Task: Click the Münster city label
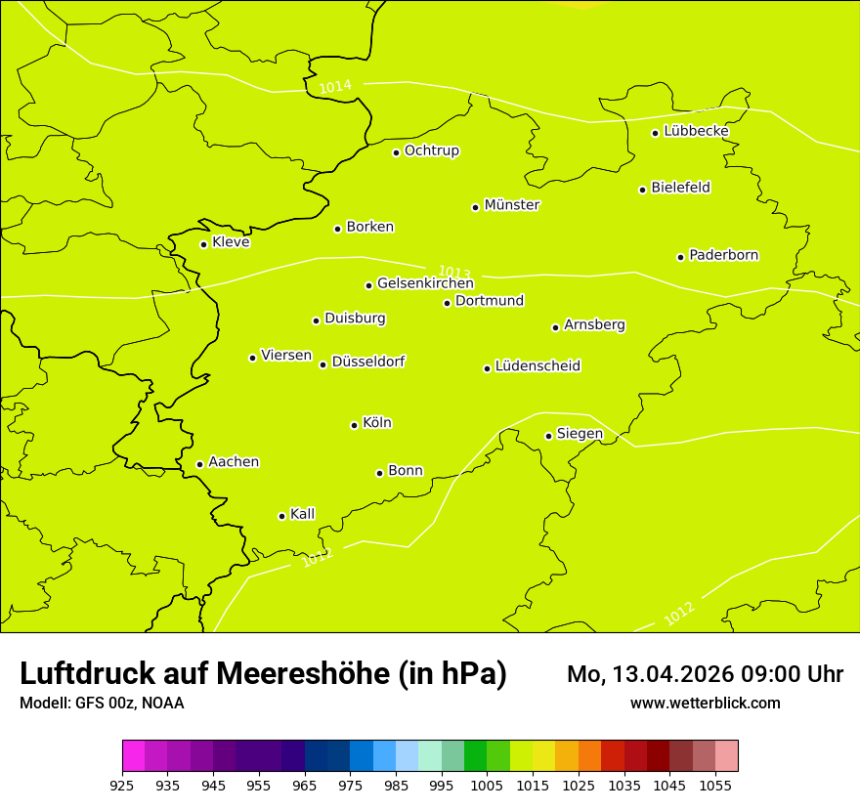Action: click(512, 205)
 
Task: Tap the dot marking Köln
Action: click(354, 425)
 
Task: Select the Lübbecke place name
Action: click(696, 131)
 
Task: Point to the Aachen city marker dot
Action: click(199, 464)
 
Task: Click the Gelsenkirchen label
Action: click(425, 283)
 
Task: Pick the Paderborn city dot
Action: click(680, 257)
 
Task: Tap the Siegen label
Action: click(580, 434)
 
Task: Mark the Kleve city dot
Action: click(203, 244)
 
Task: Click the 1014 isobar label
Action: click(335, 87)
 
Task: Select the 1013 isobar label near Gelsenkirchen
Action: click(454, 273)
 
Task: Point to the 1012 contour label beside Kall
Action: click(318, 558)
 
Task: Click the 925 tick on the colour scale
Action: click(122, 785)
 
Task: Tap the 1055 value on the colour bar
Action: click(715, 785)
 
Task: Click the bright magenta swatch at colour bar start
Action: click(133, 756)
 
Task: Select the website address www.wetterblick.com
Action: click(705, 703)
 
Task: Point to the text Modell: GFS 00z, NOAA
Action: click(102, 703)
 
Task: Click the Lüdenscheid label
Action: click(537, 366)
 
